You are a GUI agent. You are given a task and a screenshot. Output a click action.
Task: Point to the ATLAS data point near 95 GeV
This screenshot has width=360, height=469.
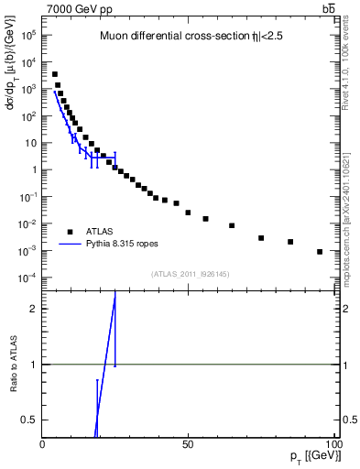click(x=320, y=252)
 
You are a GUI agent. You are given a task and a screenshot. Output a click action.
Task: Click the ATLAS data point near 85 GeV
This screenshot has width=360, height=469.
click(x=290, y=242)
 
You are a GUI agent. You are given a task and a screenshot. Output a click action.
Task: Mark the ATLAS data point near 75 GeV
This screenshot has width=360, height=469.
click(x=261, y=238)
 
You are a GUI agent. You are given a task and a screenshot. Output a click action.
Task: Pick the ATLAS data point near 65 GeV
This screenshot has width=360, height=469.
click(x=232, y=225)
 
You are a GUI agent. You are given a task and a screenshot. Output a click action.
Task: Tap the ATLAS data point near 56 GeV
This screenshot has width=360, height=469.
click(x=205, y=219)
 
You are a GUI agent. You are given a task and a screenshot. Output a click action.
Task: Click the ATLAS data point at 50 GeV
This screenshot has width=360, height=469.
click(x=188, y=213)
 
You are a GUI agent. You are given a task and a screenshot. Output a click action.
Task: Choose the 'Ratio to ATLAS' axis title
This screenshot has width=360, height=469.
click(x=14, y=365)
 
